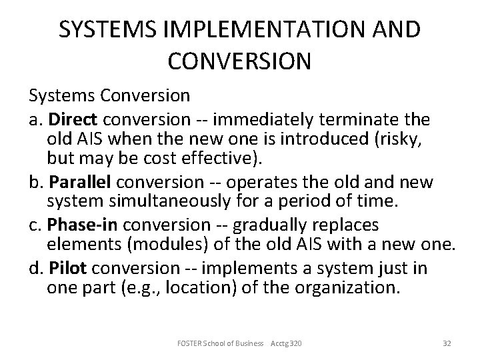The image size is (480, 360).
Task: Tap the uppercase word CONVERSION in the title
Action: (x=239, y=61)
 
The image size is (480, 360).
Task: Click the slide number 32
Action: (x=447, y=343)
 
